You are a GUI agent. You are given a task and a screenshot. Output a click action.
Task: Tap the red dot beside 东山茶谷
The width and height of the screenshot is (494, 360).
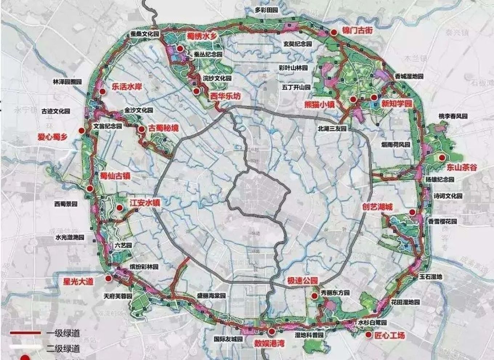tap(442, 157)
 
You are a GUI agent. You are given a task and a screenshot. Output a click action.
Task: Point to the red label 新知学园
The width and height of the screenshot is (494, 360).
tap(397, 104)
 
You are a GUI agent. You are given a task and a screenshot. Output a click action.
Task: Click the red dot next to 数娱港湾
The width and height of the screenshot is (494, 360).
tap(272, 331)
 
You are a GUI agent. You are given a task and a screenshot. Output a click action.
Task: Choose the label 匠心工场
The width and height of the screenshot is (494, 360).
tap(390, 335)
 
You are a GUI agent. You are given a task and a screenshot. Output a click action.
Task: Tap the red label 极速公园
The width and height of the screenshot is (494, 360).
tap(302, 281)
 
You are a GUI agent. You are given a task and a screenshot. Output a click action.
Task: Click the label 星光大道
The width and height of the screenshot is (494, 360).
tap(78, 281)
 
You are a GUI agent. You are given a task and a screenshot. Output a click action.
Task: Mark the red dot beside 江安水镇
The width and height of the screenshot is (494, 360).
tap(119, 208)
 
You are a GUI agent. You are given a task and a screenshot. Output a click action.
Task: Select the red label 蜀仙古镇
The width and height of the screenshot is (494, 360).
tap(116, 177)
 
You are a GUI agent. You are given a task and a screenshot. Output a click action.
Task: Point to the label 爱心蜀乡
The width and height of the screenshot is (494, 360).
tap(53, 137)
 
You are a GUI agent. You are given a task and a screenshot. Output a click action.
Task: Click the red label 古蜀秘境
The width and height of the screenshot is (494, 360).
tap(163, 128)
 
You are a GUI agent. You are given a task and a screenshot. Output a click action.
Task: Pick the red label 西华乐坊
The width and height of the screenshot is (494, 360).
tap(225, 97)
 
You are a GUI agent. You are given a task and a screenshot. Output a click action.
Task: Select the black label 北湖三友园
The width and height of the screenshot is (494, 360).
tap(332, 128)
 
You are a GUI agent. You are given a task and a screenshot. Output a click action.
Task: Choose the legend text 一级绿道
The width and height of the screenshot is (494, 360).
tap(63, 333)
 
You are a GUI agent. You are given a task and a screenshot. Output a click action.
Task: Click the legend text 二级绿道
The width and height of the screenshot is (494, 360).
tap(63, 349)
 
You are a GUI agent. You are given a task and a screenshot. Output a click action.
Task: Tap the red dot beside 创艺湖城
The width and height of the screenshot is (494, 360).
tap(412, 212)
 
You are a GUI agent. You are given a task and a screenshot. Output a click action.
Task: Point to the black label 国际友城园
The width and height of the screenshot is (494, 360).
tap(228, 339)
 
